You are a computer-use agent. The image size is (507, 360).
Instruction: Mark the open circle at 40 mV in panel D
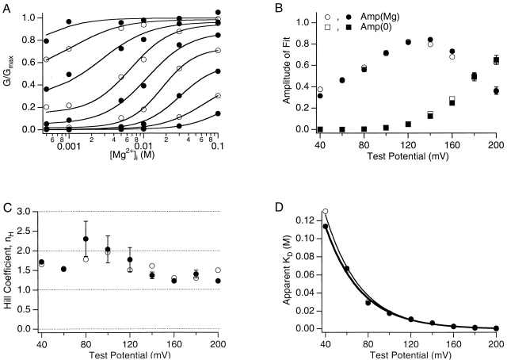click(325, 212)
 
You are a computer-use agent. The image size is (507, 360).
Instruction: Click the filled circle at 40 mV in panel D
click(325, 226)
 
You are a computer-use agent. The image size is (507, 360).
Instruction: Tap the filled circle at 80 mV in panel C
click(86, 239)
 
